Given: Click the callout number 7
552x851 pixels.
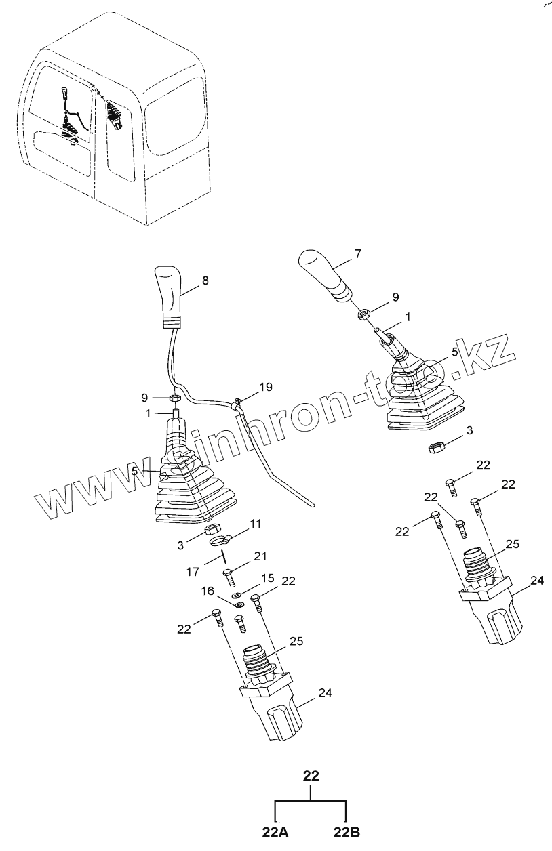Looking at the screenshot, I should (358, 254).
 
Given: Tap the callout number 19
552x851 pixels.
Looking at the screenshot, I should (265, 388).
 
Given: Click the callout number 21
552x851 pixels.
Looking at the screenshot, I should (261, 556).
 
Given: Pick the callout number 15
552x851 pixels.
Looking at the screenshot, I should (268, 578).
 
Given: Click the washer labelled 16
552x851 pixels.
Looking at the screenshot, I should (238, 597).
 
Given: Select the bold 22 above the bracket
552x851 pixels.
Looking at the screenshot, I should (311, 776).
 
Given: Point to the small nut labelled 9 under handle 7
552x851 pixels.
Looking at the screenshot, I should (364, 313).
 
